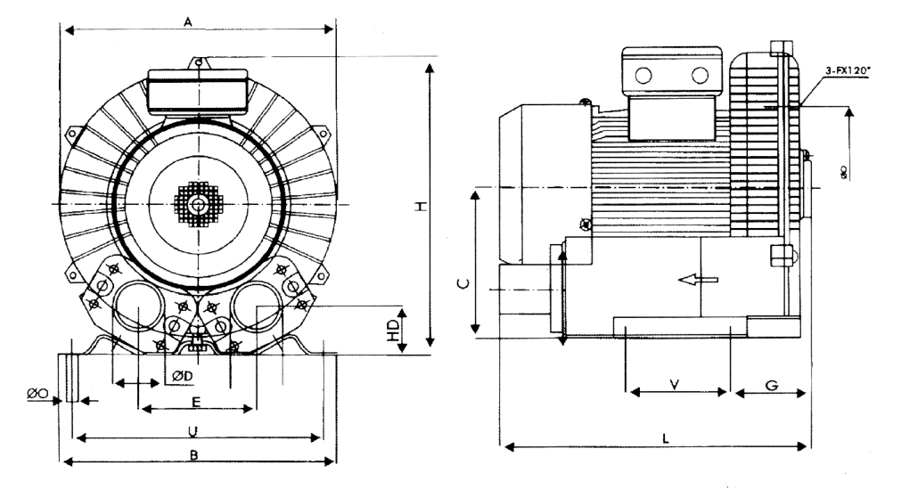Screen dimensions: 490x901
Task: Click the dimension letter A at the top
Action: click(189, 20)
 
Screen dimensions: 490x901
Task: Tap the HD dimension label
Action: click(393, 331)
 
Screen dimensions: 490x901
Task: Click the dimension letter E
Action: click(197, 401)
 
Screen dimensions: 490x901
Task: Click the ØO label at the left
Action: click(37, 393)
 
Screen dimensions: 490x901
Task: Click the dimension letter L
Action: click(667, 437)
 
